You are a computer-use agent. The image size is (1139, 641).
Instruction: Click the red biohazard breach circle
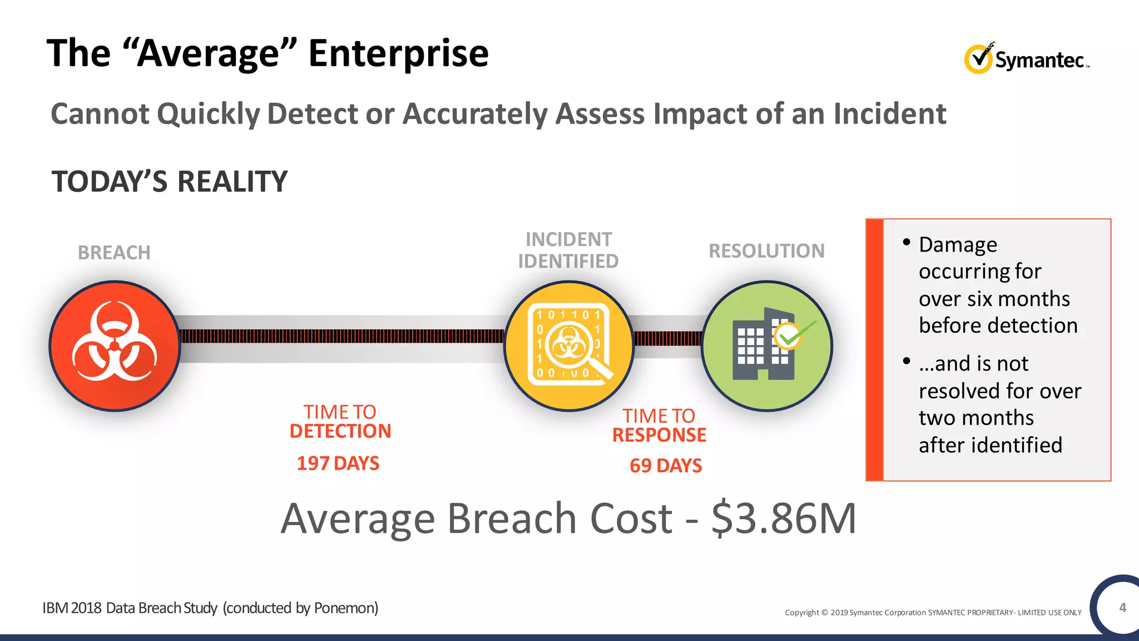click(x=115, y=346)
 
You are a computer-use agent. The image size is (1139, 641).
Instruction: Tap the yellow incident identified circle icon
click(x=569, y=346)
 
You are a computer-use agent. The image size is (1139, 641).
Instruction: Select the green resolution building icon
click(x=766, y=346)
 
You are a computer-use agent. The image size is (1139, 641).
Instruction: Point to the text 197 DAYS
click(x=338, y=464)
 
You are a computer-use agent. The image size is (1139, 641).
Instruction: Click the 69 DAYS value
click(x=666, y=466)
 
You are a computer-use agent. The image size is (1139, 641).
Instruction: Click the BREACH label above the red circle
click(x=114, y=253)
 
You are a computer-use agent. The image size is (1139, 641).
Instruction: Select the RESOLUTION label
click(x=766, y=251)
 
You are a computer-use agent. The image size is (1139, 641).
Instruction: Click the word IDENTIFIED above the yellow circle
click(x=568, y=261)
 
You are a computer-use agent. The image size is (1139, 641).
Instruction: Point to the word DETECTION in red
click(x=340, y=431)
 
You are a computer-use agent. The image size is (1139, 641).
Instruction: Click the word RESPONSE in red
click(x=659, y=435)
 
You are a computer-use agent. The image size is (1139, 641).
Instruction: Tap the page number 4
click(x=1122, y=608)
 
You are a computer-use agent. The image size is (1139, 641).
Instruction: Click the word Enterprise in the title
click(x=398, y=53)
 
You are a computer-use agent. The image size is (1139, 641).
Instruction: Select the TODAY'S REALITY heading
click(x=170, y=182)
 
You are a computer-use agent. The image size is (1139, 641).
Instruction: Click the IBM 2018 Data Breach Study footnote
click(x=210, y=608)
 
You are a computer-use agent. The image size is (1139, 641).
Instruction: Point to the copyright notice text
click(x=933, y=613)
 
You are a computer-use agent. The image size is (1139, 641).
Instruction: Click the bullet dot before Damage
click(x=907, y=242)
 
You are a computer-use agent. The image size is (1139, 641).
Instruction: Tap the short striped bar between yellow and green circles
click(x=668, y=338)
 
